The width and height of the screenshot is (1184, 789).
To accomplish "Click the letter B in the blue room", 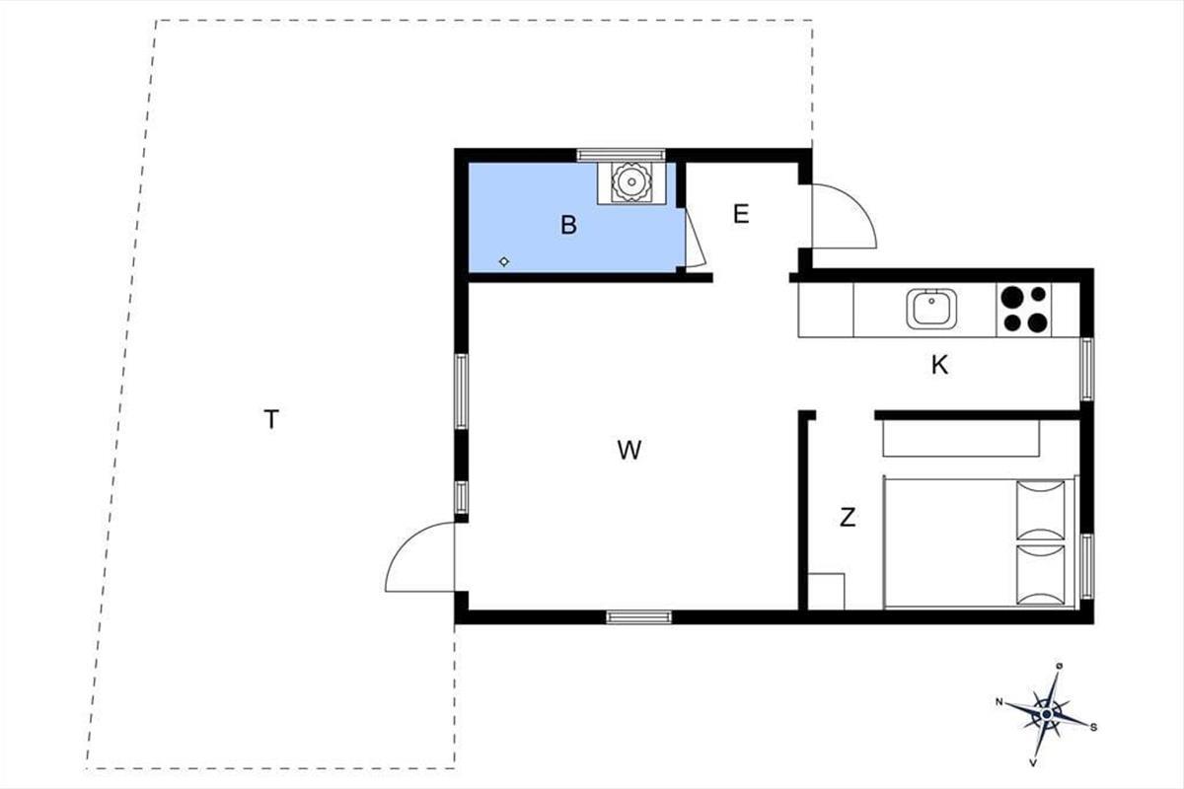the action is point(568,225).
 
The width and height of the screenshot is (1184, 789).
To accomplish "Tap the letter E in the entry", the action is point(741,214).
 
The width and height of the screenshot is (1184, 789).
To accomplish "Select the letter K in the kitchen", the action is point(939,365).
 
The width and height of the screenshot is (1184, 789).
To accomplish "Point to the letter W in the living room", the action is point(629,450).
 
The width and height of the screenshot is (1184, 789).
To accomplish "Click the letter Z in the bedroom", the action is point(848,518).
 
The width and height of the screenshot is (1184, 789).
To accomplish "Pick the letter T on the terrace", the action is point(271,419).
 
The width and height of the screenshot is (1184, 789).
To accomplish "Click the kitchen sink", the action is point(931,309).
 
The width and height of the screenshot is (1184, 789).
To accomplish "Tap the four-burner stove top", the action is point(1024,310).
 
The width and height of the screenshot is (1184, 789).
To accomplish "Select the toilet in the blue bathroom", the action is point(630,181).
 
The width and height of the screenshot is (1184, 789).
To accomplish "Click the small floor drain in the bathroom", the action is point(504,261).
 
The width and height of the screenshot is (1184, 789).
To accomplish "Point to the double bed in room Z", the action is point(980,543).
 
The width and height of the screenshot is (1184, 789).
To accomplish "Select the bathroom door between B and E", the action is point(695,238).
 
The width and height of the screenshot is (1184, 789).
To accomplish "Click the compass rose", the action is point(1047,714).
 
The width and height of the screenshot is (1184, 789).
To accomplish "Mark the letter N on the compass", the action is point(999,702).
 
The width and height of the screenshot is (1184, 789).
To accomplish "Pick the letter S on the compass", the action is point(1093,728).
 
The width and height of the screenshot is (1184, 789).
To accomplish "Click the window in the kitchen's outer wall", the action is point(1086,369).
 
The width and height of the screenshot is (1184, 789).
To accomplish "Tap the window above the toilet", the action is point(621,155).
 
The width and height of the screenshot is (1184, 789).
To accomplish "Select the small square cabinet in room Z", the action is point(827,592).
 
